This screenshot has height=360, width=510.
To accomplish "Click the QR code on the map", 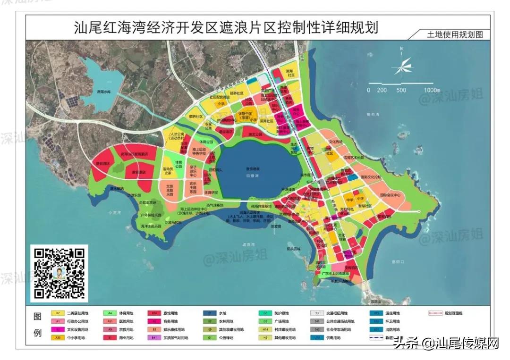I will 59,273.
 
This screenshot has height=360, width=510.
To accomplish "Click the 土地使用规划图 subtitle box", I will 449,34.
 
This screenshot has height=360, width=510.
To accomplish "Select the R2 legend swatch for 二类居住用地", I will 57,313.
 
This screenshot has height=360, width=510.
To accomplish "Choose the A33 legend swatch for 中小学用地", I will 57,338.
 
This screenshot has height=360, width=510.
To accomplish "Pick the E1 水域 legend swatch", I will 208,313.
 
